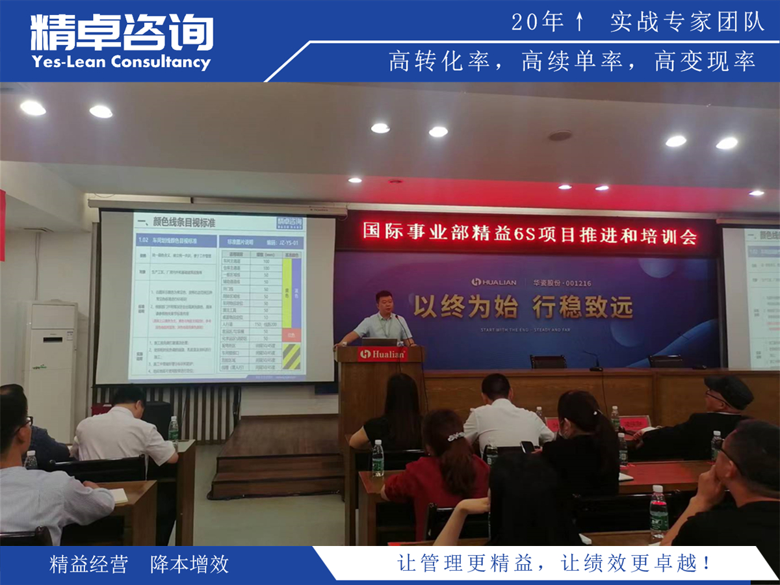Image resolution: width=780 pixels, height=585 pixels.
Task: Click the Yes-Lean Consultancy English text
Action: pyautogui.click(x=121, y=62)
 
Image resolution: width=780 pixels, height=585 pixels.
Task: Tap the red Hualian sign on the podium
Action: pyautogui.click(x=383, y=354)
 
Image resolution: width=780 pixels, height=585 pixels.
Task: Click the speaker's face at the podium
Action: pyautogui.click(x=384, y=304)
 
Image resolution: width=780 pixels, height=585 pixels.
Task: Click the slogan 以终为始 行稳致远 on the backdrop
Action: pyautogui.click(x=523, y=306)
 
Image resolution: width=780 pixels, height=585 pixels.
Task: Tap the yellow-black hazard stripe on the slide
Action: pyautogui.click(x=292, y=356)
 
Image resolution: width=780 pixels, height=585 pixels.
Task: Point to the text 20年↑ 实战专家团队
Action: pyautogui.click(x=638, y=22)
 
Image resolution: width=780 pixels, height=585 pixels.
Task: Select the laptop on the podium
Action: pyautogui.click(x=379, y=341)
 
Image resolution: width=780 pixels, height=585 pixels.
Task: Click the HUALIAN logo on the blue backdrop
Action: pyautogui.click(x=494, y=282)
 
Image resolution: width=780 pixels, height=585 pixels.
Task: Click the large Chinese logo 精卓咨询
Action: pyautogui.click(x=122, y=32)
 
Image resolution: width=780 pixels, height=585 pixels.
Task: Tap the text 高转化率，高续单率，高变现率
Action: pyautogui.click(x=572, y=62)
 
